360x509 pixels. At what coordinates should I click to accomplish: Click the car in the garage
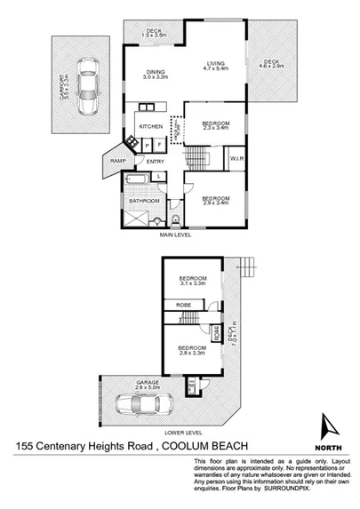(x=139, y=406)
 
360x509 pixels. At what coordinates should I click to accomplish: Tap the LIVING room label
(x=214, y=64)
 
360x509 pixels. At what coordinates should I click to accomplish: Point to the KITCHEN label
(x=150, y=127)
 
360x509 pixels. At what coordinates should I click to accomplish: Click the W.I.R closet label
(x=236, y=160)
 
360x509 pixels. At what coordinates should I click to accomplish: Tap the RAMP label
(x=118, y=160)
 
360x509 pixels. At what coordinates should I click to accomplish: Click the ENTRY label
(x=155, y=161)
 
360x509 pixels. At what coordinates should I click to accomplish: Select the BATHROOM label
(x=142, y=201)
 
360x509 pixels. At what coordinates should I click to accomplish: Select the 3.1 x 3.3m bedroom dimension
(x=192, y=284)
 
